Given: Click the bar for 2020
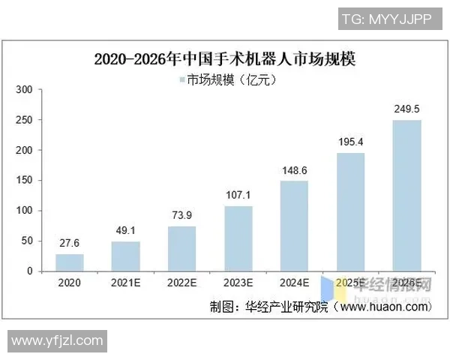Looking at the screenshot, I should pos(70,262).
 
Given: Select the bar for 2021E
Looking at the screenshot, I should pos(126,256).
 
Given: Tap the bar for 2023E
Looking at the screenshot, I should pos(238,238).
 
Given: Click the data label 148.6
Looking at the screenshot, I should pos(295,171).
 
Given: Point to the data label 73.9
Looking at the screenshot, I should pos(182,216).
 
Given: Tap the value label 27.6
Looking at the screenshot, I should pos(70,244).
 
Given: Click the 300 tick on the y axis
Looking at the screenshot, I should pos(25,90).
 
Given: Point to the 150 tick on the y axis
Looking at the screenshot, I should pos(25,181).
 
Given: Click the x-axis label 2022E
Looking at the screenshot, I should pos(182,283).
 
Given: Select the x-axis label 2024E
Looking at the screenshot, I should pos(295,283).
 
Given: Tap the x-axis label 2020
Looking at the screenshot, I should pos(70,283).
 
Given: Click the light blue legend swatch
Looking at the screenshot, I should pos(181,79).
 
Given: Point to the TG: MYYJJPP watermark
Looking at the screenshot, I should pos(385,19).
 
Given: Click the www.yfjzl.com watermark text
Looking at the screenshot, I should pos(57,341).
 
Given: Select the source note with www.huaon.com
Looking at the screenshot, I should pos(321,307).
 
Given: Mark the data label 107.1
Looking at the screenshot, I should pos(238,196).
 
